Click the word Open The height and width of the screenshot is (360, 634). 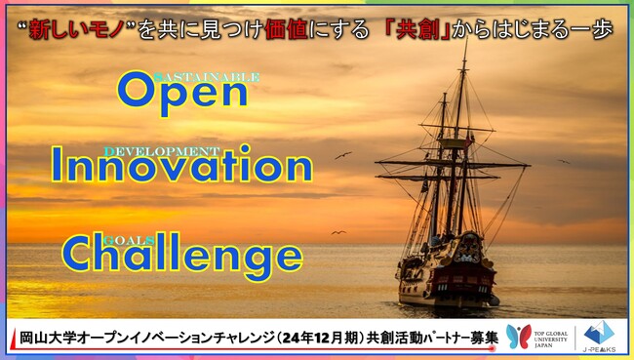click(x=182, y=92)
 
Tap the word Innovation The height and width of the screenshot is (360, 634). click(x=181, y=166)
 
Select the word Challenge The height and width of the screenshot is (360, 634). click(x=181, y=255)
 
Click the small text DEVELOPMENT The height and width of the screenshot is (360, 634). click(x=161, y=151)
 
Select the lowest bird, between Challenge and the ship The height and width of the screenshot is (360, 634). click(x=337, y=232)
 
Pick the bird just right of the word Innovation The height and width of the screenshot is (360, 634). click(x=342, y=155)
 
